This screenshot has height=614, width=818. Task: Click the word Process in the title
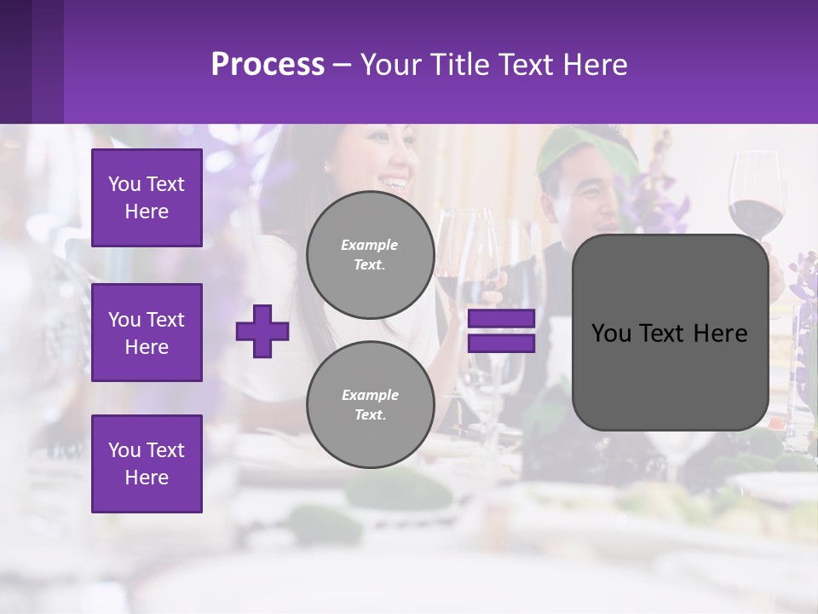[268, 64]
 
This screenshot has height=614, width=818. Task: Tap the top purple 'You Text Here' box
[147, 198]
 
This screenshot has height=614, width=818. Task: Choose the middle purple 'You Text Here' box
[147, 333]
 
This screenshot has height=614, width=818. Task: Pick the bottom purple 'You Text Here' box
[147, 464]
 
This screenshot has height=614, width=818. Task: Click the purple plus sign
[262, 332]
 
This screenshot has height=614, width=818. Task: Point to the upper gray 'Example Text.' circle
[370, 255]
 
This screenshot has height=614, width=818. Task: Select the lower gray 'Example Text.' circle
[370, 405]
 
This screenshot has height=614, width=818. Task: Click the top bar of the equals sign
[501, 319]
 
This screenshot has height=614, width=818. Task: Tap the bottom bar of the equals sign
[501, 344]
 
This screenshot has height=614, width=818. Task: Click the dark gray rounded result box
[670, 333]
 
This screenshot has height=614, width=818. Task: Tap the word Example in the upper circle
[369, 245]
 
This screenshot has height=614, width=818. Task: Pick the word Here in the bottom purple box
[147, 478]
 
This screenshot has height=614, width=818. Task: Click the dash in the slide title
[342, 65]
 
